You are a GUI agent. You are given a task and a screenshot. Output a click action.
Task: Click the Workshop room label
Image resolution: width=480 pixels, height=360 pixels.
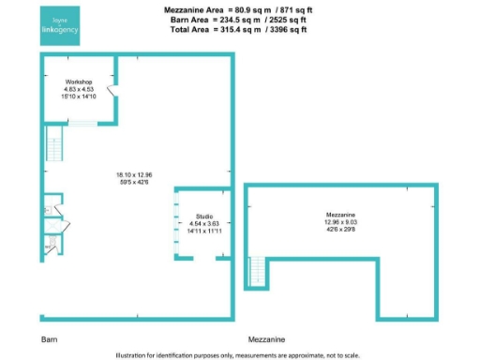[77, 82]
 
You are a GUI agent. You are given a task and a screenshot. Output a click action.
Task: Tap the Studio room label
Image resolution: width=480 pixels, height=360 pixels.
[204, 217]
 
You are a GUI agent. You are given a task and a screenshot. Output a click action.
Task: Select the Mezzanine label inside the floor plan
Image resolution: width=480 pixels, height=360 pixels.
[340, 214]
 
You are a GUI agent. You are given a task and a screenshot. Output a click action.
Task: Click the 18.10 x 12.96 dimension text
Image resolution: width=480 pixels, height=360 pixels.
[133, 175]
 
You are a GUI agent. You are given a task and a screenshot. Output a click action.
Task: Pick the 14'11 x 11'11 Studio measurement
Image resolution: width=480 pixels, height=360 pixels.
[204, 230]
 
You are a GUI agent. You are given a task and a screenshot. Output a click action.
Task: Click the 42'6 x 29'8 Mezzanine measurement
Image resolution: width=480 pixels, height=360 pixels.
[340, 228]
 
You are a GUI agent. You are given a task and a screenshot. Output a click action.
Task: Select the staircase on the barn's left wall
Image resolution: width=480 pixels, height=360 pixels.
[52, 145]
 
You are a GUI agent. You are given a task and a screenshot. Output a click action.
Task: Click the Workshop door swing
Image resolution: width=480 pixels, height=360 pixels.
[112, 91]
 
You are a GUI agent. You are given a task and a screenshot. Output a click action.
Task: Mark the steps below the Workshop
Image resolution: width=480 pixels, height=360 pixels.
[83, 125]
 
